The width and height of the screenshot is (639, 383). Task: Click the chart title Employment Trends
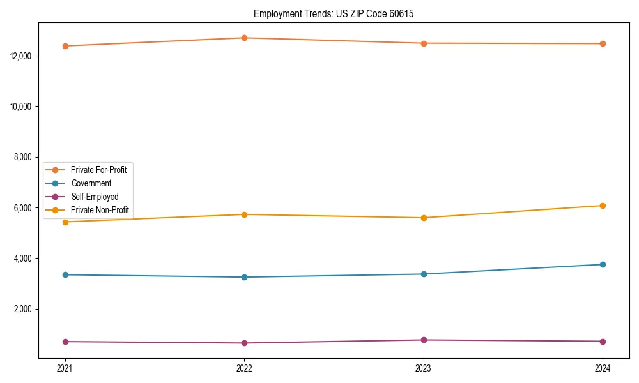334,13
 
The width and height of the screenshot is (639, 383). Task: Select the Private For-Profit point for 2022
244,38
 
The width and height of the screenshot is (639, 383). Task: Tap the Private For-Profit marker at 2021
65,46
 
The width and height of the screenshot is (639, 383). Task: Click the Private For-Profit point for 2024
603,43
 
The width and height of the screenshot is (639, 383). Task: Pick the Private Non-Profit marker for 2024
603,206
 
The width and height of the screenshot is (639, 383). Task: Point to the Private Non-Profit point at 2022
244,214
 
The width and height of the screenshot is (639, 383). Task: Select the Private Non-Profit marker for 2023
424,218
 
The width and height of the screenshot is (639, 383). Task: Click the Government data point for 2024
603,264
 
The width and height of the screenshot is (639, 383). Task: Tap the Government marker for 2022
244,277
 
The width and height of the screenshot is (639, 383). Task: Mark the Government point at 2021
65,274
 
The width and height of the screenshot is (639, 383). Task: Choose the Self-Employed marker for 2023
424,340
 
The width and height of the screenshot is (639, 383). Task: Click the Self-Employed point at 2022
244,343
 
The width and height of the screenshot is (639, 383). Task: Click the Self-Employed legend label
95,197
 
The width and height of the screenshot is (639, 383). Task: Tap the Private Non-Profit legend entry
100,210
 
